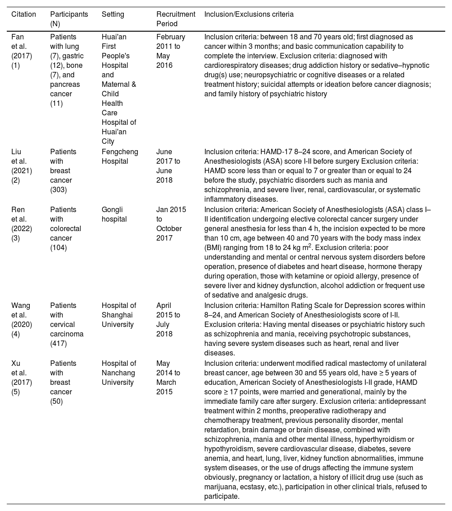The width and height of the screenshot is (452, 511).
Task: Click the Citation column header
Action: pyautogui.click(x=24, y=14)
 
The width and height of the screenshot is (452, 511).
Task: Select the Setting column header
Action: pyautogui.click(x=113, y=14)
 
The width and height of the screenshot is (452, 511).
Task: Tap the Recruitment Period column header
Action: pyautogui.click(x=175, y=19)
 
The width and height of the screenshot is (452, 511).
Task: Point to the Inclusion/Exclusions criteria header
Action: pyautogui.click(x=249, y=14)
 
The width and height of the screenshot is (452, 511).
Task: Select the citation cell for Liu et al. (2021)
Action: pyautogui.click(x=20, y=166)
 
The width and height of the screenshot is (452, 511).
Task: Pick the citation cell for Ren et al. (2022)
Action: pyautogui.click(x=20, y=224)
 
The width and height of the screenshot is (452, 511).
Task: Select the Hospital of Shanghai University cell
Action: pyautogui.click(x=119, y=315)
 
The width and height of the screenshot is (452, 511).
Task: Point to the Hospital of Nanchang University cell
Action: pyautogui.click(x=119, y=373)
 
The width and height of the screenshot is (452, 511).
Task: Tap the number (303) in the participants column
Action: pyautogui.click(x=59, y=190)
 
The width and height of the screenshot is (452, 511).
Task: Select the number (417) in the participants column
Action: pyautogui.click(x=59, y=344)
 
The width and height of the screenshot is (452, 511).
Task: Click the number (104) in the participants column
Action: pyautogui.click(x=59, y=248)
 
